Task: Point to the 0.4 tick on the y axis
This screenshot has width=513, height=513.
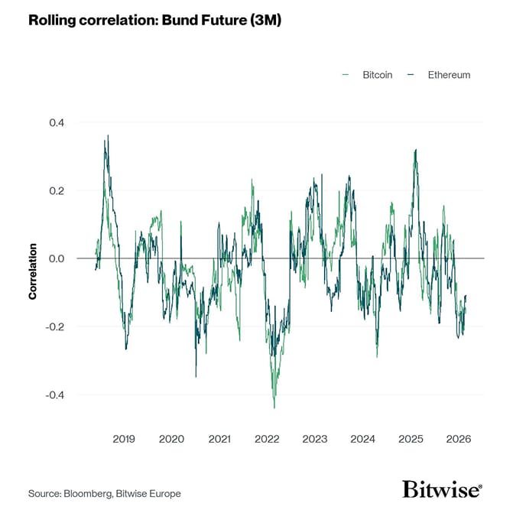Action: coord(57,122)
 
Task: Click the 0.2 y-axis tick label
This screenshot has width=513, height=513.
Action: coord(57,190)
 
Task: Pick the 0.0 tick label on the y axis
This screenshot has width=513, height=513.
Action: coord(57,258)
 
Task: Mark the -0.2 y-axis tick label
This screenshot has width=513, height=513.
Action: coord(55,326)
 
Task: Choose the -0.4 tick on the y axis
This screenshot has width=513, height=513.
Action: coord(55,394)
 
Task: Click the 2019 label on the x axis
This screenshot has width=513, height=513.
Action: coord(124,439)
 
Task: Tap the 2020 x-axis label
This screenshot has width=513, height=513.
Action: coord(171,439)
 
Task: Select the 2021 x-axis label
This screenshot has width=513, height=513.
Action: coord(219,439)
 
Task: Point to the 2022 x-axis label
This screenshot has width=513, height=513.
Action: coord(267,439)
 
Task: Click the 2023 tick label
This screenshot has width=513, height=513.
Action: coord(315,439)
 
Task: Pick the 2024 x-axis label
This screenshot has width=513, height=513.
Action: coord(362,439)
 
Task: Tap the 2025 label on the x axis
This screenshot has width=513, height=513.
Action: coord(411,439)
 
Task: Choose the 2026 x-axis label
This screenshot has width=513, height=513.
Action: coord(458,439)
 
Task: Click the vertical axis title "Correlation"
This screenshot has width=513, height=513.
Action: coord(34,271)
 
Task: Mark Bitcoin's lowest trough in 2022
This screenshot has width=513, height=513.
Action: coord(274,407)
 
